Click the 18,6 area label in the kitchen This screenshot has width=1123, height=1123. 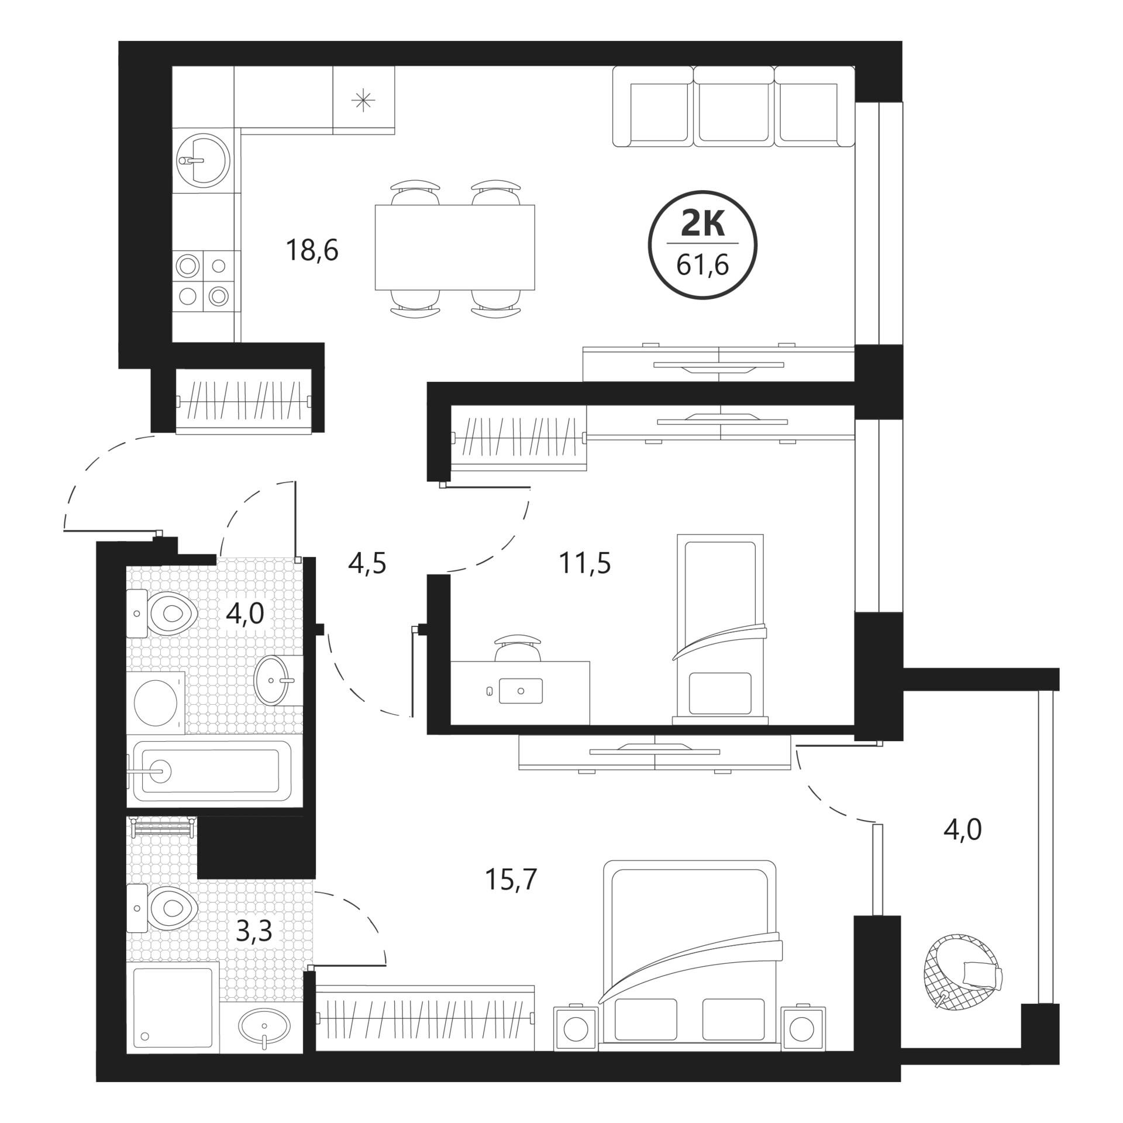coord(312,250)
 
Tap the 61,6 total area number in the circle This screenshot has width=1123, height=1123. coord(702,266)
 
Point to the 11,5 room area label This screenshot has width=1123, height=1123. coord(585,563)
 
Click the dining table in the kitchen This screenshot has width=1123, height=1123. coord(454,247)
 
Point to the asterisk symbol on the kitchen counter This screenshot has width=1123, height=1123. coord(363,101)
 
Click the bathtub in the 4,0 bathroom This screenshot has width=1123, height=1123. coord(212,771)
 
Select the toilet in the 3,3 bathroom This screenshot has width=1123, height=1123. coord(162,908)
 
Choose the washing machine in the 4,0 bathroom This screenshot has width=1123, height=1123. coord(156,702)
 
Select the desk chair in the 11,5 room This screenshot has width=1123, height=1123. coord(518,647)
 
